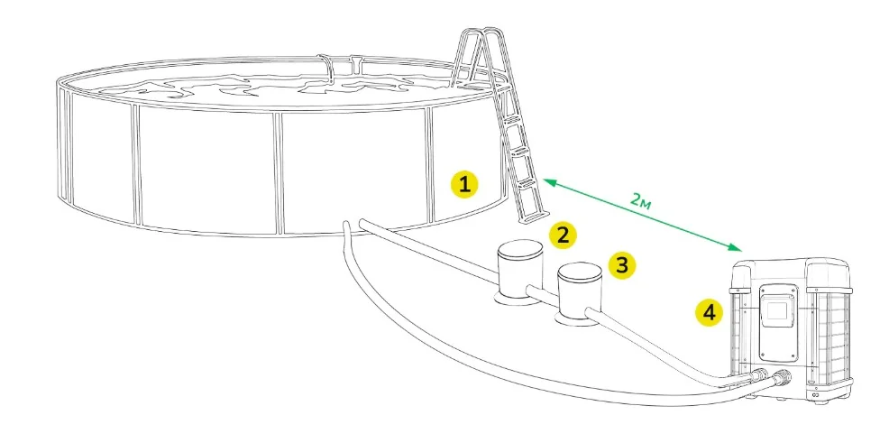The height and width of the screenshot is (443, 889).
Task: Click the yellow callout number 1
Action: pos(464,184)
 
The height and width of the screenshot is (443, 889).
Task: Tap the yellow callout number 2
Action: pos(562,235)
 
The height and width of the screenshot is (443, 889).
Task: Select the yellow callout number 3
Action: pos(622,264)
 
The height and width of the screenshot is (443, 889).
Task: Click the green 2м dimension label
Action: pos(641,200)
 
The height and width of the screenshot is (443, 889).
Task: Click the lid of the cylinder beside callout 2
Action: pos(520,250)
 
